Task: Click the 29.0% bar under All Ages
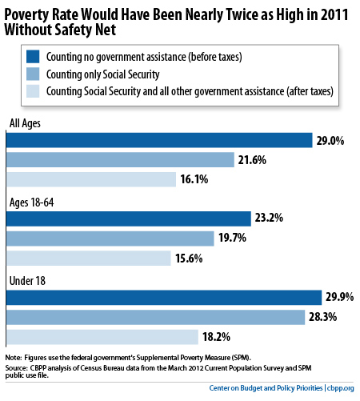tap(159, 140)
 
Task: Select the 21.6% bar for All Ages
tap(120, 160)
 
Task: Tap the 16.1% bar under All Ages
tap(91, 179)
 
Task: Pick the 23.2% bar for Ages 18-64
tap(129, 219)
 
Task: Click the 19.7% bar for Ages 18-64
tap(110, 239)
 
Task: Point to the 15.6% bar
tap(89, 259)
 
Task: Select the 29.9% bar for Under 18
tap(164, 298)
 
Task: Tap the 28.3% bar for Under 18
tap(155, 317)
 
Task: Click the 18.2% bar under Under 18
tap(102, 337)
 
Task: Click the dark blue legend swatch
tap(33, 57)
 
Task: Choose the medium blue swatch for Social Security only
tap(33, 74)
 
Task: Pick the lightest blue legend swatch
tap(33, 91)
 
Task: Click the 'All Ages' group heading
tap(25, 123)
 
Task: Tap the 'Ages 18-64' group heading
tap(32, 203)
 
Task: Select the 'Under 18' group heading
tap(27, 281)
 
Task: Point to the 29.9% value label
tap(340, 297)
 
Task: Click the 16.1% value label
tap(194, 179)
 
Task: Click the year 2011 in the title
tap(334, 14)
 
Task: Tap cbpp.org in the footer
tap(341, 388)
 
